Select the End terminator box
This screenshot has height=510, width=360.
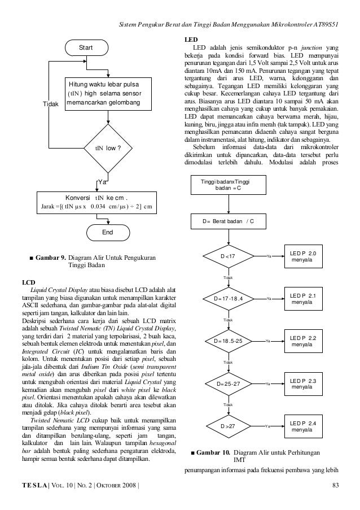(107, 232)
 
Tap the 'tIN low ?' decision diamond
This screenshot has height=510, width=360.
(107, 149)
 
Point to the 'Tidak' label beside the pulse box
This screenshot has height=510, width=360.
(52, 104)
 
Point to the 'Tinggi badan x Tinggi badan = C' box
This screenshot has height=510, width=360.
(228, 184)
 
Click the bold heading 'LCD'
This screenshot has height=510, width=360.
(29, 281)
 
